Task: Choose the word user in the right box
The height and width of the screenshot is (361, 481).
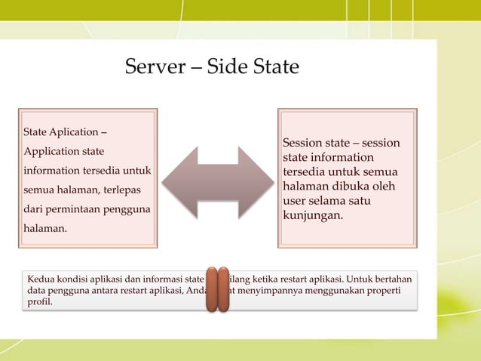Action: point(295,201)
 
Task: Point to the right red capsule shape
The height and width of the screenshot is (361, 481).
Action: point(223,289)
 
